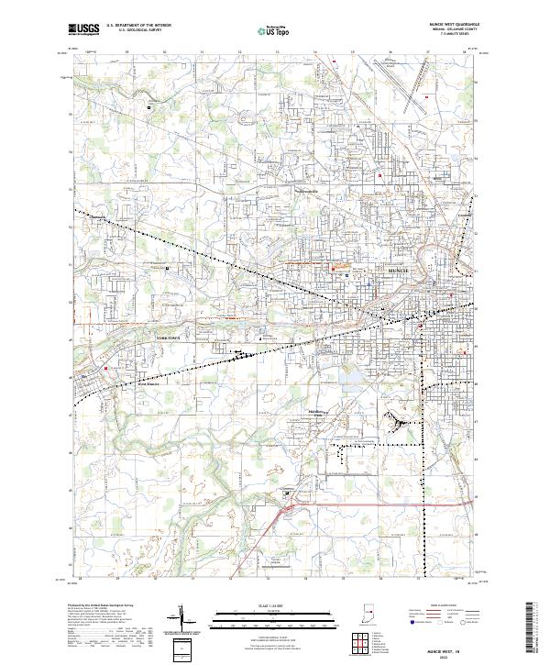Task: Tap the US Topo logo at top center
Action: coord(266,30)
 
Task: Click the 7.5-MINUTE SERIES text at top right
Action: coord(465,37)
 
